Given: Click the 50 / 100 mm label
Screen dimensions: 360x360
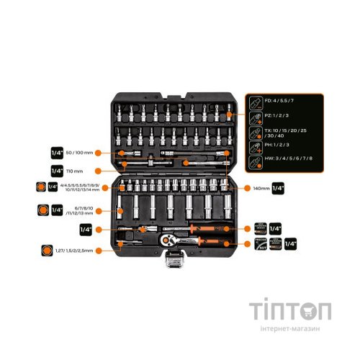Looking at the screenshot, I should [81, 153].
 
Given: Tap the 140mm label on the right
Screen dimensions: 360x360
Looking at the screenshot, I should [259, 188].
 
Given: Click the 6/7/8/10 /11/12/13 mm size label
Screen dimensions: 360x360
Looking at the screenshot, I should [81, 211].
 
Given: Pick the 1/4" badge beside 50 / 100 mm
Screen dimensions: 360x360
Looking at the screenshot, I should [57, 153].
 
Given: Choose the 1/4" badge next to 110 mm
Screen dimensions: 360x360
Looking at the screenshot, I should [57, 171].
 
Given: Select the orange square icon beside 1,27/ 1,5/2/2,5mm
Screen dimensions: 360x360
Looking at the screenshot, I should [48, 250].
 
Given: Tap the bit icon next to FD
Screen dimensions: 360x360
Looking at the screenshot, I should [254, 101].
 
